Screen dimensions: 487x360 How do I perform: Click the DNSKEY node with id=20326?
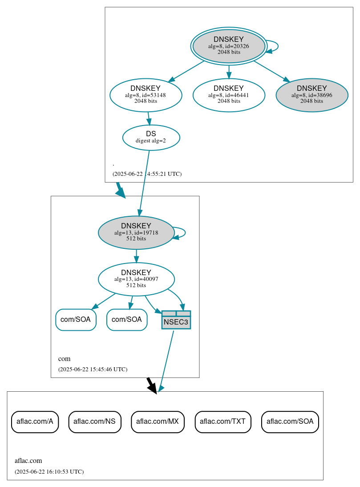(x=229, y=46)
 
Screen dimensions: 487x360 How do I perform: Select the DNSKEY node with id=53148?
(x=146, y=95)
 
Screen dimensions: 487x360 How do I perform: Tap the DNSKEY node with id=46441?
(x=229, y=95)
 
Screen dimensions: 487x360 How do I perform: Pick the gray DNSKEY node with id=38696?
(x=311, y=95)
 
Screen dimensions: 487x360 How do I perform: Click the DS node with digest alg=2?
(x=151, y=138)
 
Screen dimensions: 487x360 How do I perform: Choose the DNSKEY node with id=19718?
(x=136, y=232)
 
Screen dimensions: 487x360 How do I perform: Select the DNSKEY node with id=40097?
(x=136, y=279)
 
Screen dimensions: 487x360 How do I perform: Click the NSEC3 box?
(x=176, y=320)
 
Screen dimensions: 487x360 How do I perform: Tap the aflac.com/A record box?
(x=35, y=422)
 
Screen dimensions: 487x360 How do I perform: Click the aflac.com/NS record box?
(x=95, y=422)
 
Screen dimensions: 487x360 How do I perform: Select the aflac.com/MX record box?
(x=158, y=422)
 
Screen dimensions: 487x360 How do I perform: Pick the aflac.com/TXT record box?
(x=222, y=422)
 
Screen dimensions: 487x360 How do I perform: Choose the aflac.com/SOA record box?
(x=290, y=422)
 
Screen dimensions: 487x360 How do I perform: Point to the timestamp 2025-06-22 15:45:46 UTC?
(x=93, y=369)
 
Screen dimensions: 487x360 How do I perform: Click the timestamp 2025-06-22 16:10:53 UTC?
(x=49, y=471)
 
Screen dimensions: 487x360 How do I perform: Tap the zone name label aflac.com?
(x=28, y=461)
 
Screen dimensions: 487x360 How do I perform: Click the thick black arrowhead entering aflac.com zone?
(x=152, y=388)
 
